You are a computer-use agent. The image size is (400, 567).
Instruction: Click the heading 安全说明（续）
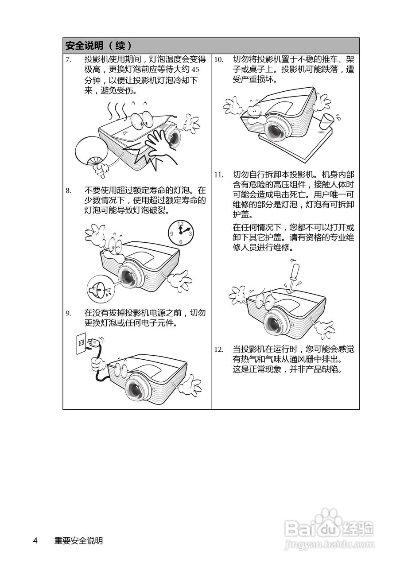tap(99, 46)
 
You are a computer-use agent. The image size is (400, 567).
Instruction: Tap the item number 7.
tap(69, 60)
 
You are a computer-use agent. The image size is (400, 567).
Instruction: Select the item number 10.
tap(219, 60)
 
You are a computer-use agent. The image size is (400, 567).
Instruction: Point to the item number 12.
tap(219, 350)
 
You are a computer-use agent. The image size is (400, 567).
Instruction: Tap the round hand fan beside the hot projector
tap(92, 151)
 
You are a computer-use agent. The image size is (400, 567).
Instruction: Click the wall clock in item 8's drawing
tap(180, 233)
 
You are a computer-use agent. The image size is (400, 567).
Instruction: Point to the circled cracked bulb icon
tap(101, 288)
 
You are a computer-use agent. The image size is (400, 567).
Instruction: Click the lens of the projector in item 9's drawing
tap(136, 389)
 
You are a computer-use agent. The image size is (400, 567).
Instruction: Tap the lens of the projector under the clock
tap(128, 276)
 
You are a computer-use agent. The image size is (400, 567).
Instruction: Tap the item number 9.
tap(69, 313)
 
